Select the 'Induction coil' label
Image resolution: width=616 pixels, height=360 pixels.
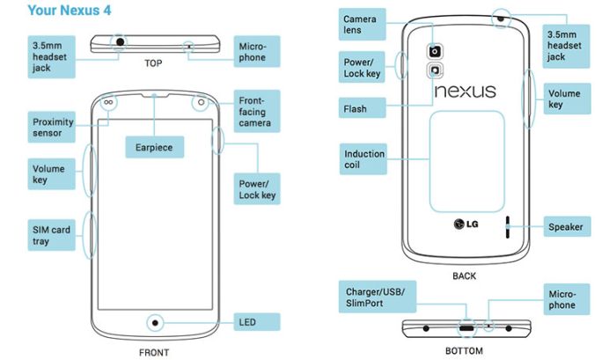coord(365,159)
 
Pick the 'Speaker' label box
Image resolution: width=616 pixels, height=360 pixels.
coord(566,226)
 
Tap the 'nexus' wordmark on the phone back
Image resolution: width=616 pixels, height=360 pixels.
coord(465,91)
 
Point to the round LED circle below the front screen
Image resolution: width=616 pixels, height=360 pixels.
coord(157,321)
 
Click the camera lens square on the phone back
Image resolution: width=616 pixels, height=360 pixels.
coord(435,51)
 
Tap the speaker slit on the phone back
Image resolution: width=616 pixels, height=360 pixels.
coord(506,226)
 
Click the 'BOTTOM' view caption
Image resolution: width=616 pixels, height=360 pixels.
coord(464,350)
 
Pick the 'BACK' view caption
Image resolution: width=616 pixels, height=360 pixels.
coord(464,276)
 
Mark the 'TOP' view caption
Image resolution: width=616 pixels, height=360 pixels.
coord(155,63)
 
